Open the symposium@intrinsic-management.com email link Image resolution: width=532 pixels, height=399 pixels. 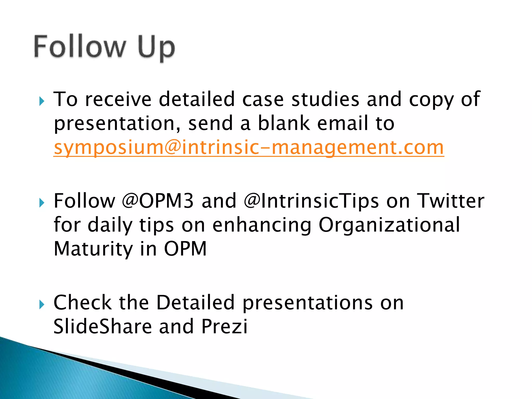coord(249,147)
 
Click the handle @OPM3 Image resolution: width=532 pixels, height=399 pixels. coord(158,201)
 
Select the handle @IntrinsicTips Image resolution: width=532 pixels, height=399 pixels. coord(311,201)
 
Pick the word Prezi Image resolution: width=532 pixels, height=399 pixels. coord(224,327)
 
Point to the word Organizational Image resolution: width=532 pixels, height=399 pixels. coord(389,225)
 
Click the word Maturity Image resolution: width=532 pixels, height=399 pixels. coord(93,249)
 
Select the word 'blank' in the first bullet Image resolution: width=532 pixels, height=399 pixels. coord(284,123)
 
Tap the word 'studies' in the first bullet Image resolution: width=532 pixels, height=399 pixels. coord(325,99)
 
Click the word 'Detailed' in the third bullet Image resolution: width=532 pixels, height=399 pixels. coord(195,303)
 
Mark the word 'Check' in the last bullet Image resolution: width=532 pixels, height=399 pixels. coord(83,303)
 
